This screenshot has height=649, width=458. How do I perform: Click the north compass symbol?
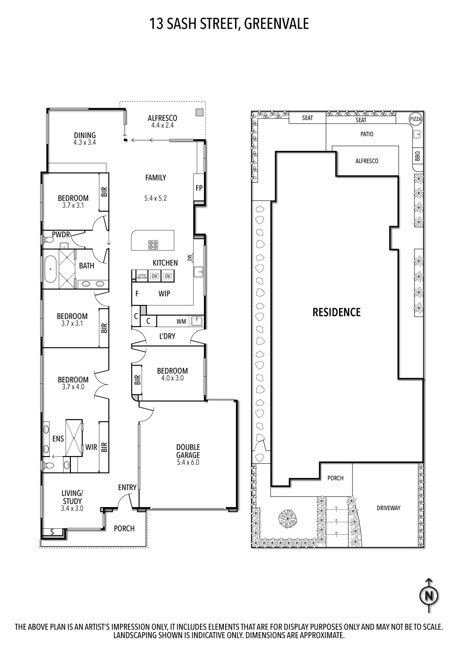tap(429, 596)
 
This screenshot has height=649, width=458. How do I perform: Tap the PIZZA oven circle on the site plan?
tap(416, 119)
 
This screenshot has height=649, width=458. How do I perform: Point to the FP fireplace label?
tap(199, 188)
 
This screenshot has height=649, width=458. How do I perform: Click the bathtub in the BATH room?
tap(51, 269)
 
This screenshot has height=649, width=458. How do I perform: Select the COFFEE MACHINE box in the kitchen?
tap(142, 276)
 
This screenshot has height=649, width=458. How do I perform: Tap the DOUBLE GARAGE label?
tap(188, 451)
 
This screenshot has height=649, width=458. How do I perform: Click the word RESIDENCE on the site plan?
tap(336, 312)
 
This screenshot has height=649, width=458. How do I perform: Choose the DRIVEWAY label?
tap(388, 508)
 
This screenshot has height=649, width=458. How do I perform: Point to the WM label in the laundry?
tap(181, 321)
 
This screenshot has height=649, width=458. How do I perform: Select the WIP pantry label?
tap(164, 294)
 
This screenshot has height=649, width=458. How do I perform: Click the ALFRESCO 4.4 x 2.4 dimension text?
tap(162, 125)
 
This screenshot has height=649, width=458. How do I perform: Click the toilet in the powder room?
tap(46, 239)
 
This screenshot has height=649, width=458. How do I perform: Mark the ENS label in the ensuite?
tap(58, 439)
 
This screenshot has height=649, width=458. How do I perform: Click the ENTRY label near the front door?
tap(127, 488)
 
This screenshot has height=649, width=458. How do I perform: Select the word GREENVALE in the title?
tap(276, 23)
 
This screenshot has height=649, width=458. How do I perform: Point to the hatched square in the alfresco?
tap(199, 112)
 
